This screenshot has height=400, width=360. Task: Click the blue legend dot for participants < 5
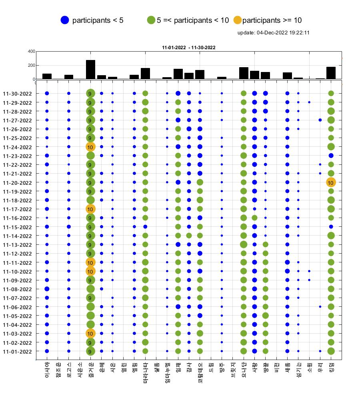[65, 20]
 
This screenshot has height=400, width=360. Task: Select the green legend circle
[151, 20]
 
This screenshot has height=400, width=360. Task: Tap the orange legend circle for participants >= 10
[238, 20]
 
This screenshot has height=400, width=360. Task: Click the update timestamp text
[274, 33]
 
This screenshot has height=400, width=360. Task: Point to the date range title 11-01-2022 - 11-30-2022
[189, 48]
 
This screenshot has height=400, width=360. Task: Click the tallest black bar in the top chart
[90, 70]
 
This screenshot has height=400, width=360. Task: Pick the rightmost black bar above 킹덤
[331, 73]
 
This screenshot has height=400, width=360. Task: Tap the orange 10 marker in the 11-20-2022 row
[331, 183]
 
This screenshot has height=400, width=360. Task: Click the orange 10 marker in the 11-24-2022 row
[90, 147]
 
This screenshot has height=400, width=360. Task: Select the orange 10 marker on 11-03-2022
[90, 334]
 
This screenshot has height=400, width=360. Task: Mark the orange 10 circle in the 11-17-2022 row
[90, 209]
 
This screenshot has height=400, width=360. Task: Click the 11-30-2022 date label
[17, 94]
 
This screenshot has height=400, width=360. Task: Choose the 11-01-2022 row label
[17, 352]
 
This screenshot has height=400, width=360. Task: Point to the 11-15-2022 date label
[17, 227]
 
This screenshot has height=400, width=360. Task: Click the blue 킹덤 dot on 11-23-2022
[331, 156]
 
